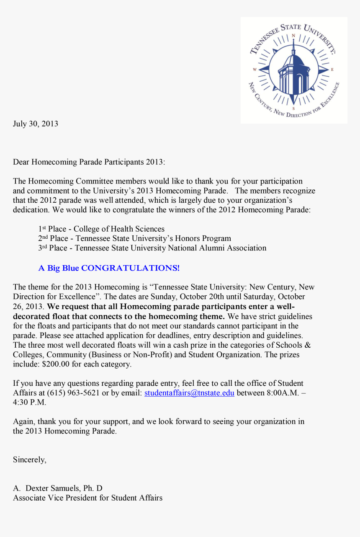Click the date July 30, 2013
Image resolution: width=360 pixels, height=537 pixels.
[x=36, y=124]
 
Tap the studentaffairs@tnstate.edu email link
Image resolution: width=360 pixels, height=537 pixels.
[x=189, y=393]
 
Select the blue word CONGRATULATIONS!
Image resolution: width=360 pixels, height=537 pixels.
[x=130, y=268]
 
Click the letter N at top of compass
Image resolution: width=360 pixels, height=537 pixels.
[x=294, y=35]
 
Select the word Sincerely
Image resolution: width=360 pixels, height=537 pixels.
[x=29, y=460]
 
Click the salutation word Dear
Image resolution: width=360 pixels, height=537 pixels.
[x=21, y=162]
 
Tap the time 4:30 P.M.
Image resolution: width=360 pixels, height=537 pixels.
[x=29, y=403]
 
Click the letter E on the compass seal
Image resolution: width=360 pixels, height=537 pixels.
[x=332, y=70]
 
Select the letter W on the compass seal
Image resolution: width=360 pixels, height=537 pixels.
[x=255, y=70]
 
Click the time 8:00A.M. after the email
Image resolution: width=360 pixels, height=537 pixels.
[x=279, y=393]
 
